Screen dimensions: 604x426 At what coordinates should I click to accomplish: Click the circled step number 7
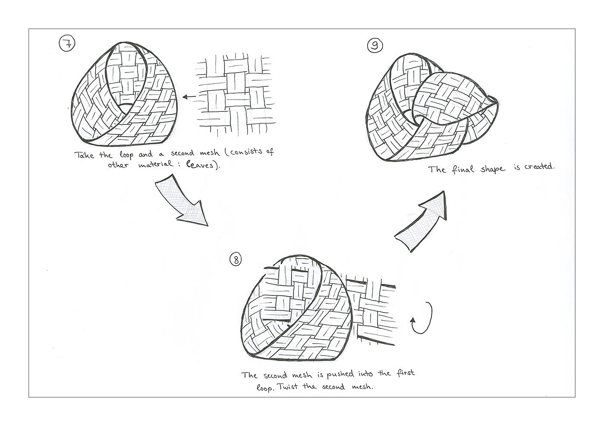67,44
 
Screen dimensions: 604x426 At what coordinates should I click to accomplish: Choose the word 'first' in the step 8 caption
405,373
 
